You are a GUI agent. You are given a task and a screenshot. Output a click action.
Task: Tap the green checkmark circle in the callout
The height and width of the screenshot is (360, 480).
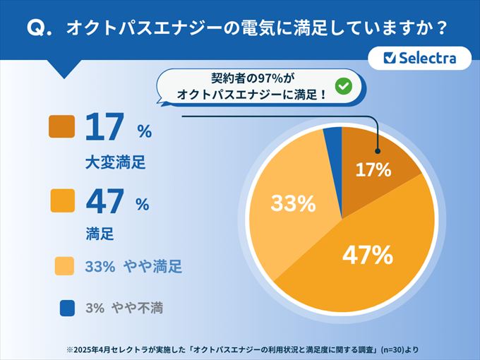(x=343, y=85)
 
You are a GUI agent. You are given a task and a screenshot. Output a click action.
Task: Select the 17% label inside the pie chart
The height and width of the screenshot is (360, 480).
(x=373, y=170)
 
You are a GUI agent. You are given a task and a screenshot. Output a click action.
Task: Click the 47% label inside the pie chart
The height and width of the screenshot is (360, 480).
(x=367, y=255)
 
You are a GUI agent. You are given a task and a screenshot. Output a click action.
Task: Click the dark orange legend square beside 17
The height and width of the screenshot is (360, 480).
(x=61, y=127)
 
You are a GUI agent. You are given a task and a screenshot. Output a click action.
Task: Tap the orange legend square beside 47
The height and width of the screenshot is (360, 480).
(x=61, y=202)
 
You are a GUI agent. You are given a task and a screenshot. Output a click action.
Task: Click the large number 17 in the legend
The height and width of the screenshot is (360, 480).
(x=104, y=128)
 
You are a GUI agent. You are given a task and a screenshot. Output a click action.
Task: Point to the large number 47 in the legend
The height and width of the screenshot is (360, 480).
(x=104, y=203)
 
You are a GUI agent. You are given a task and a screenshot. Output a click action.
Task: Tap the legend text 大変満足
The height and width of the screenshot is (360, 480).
(x=114, y=162)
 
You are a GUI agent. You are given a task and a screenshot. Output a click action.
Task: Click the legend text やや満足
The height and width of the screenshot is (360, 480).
(x=152, y=267)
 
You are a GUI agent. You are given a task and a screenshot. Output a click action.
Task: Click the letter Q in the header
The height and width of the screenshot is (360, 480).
(x=34, y=29)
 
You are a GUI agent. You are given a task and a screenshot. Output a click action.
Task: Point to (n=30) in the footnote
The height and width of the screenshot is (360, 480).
(x=392, y=349)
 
